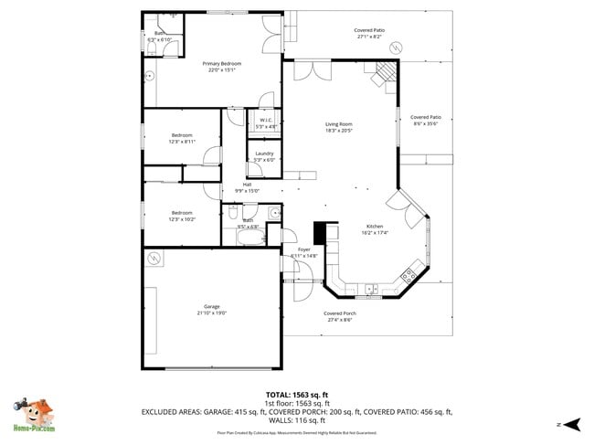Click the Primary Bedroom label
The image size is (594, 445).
click(222, 63)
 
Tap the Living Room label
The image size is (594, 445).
click(339, 124)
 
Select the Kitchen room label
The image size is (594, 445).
click(375, 226)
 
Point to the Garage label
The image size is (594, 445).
click(211, 306)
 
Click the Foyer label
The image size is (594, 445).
click(303, 249)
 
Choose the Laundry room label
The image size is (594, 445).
click(265, 154)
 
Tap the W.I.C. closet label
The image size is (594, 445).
click(266, 120)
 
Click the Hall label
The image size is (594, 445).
click(247, 184)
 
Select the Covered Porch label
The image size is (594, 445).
click(340, 313)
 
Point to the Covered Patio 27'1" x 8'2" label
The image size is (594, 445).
click(369, 30)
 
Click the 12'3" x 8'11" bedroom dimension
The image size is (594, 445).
click(182, 142)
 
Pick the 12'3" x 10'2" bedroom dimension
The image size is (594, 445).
click(181, 219)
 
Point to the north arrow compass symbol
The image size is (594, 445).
click(572, 424)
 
